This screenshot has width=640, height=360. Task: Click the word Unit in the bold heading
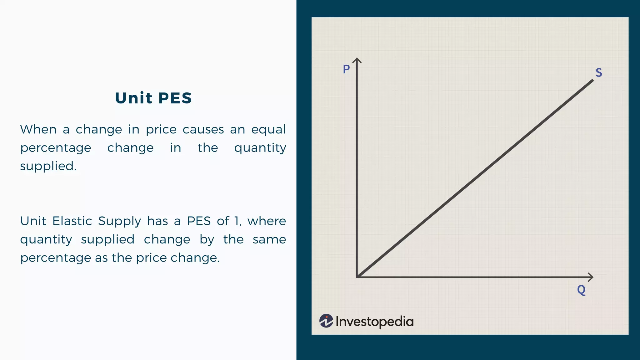click(x=133, y=98)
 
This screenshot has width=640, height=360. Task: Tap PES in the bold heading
click(x=175, y=98)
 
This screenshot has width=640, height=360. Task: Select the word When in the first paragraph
click(x=38, y=129)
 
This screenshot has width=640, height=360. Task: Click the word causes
click(x=203, y=129)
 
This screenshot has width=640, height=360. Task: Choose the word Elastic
click(x=72, y=221)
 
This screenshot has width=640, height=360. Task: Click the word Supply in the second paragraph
click(x=120, y=222)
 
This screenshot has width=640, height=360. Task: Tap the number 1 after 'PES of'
click(x=237, y=221)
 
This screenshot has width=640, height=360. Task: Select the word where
click(x=267, y=221)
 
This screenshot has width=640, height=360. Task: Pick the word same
click(x=269, y=239)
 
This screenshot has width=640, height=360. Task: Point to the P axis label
click(x=346, y=69)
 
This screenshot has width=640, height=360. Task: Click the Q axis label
click(x=581, y=290)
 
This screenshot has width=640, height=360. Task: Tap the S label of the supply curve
click(x=598, y=72)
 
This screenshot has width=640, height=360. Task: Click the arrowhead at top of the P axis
click(x=357, y=60)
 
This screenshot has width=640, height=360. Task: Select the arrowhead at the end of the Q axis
click(x=591, y=277)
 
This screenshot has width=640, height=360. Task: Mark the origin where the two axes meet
click(x=357, y=277)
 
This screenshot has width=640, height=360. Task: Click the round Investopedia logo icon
click(x=326, y=321)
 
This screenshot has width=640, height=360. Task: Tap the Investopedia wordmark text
click(x=374, y=322)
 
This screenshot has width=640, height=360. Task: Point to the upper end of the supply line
click(x=592, y=81)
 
